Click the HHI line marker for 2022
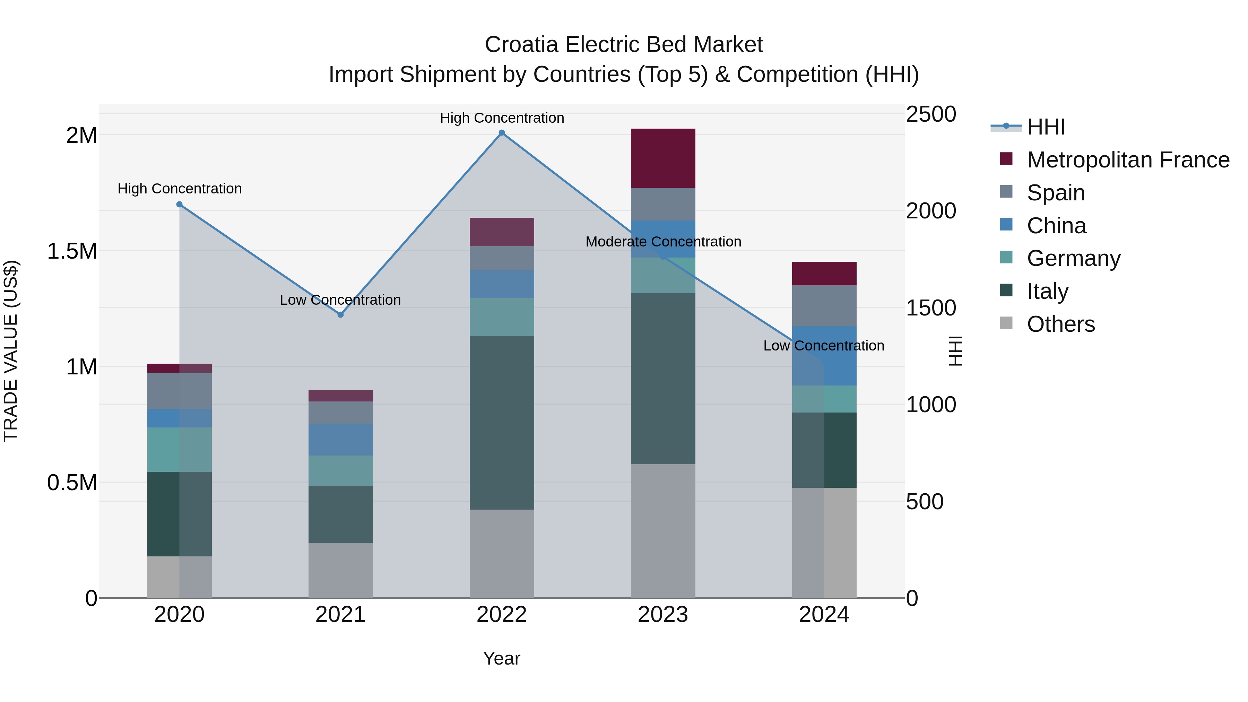click(502, 133)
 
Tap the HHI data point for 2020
click(179, 205)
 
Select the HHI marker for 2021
click(340, 315)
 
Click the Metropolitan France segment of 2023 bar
click(663, 158)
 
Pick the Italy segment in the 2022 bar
click(502, 423)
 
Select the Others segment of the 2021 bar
click(340, 570)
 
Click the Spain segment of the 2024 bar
click(824, 306)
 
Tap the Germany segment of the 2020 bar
click(179, 450)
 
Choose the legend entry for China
click(1056, 226)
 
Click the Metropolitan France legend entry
click(1128, 160)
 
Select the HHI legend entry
click(1046, 127)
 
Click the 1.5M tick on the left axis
click(72, 251)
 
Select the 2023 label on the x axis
click(663, 615)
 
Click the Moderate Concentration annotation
click(663, 241)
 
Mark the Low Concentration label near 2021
click(340, 300)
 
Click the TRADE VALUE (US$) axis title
click(11, 351)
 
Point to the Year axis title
click(501, 658)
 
